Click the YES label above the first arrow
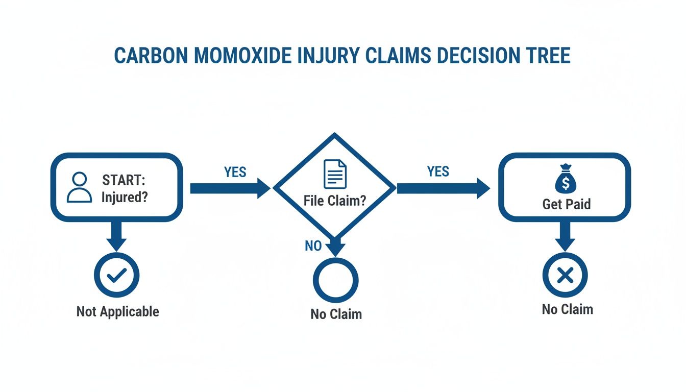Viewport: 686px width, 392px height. (x=235, y=172)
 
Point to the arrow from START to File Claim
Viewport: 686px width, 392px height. (x=230, y=188)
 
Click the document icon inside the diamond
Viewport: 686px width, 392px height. (x=335, y=174)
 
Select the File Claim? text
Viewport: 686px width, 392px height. (x=335, y=200)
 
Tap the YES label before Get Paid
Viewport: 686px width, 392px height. (x=438, y=171)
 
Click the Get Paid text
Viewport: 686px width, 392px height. (x=567, y=204)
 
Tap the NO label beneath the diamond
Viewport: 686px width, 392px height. (x=313, y=246)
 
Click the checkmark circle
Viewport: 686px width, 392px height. (x=116, y=276)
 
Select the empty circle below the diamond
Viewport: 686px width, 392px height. (x=335, y=280)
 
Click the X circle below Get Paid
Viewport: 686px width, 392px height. (x=565, y=276)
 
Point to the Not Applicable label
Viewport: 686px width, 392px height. (x=117, y=311)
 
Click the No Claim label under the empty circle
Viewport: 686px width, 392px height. (x=336, y=314)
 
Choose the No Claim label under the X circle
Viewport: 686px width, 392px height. (x=567, y=309)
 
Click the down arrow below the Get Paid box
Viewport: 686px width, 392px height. (x=565, y=236)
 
